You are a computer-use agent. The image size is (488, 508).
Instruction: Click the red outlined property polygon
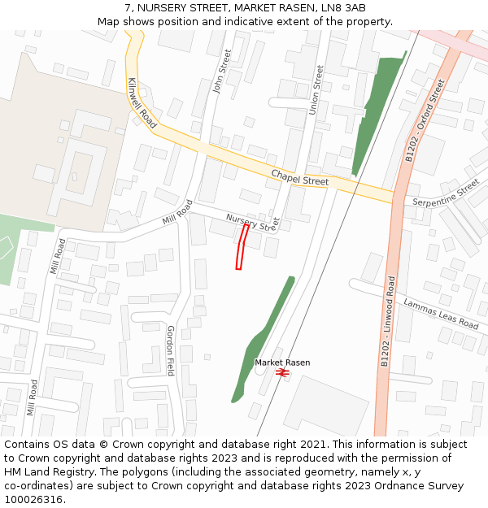coord(242,247)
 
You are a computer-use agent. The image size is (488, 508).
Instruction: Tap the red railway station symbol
coord(282,372)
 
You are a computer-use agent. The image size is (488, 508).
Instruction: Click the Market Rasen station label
coord(282,363)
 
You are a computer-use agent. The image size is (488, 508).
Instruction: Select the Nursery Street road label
coord(252,222)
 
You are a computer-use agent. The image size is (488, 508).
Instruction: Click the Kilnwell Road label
coord(142,103)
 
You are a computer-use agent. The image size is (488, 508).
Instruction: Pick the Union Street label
coord(318,89)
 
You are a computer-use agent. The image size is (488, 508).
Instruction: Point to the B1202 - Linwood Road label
coord(386,322)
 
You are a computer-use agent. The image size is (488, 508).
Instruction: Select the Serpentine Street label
coord(446,193)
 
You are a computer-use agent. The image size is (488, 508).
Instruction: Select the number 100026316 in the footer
coord(33,499)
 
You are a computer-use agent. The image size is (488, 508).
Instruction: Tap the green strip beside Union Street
coord(378,114)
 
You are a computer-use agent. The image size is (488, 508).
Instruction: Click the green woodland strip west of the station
coord(259,341)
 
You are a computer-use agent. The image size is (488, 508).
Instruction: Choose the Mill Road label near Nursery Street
coord(177,214)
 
